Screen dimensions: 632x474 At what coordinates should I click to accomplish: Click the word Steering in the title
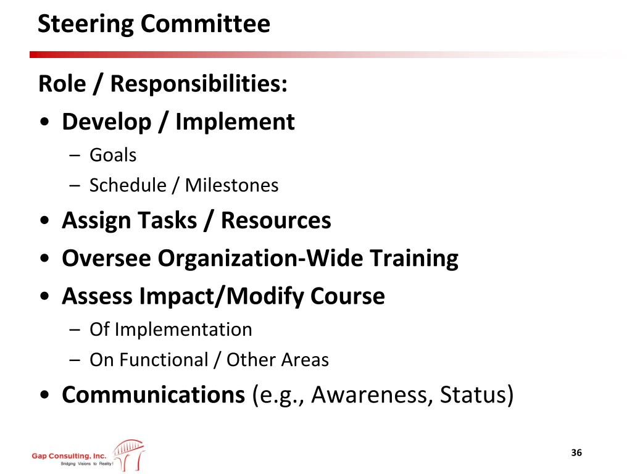(85, 25)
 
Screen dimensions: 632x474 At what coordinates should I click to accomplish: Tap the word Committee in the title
(206, 23)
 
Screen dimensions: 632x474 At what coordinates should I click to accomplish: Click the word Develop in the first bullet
(107, 122)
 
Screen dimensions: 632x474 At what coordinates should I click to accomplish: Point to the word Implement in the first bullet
(235, 122)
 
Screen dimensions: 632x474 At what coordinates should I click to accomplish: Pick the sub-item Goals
(113, 155)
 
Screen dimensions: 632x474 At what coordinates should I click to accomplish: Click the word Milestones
(232, 185)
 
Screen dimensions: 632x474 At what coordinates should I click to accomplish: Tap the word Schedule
(128, 185)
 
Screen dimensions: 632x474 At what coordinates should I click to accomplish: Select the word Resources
(276, 220)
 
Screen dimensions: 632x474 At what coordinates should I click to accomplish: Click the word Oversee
(106, 259)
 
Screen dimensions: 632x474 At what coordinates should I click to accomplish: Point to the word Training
(414, 259)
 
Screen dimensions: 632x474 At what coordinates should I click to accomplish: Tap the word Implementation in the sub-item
(183, 330)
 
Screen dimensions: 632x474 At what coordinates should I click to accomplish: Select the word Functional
(164, 360)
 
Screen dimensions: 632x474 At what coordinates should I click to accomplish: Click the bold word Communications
(154, 394)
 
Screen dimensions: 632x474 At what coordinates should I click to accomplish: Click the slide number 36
(576, 452)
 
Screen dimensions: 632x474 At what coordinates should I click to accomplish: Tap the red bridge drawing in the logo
(128, 455)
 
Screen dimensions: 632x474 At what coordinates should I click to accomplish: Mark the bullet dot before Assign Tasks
(44, 220)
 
